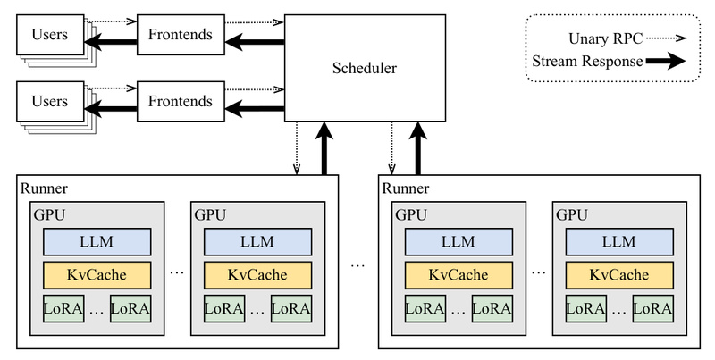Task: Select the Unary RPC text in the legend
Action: (605, 39)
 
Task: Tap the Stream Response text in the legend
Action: (585, 62)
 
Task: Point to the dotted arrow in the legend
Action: (664, 39)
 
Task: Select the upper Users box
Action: (49, 35)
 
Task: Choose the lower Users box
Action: (49, 101)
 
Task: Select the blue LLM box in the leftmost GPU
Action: (97, 241)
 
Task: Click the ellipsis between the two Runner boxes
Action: (358, 265)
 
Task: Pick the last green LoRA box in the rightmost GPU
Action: (652, 309)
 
